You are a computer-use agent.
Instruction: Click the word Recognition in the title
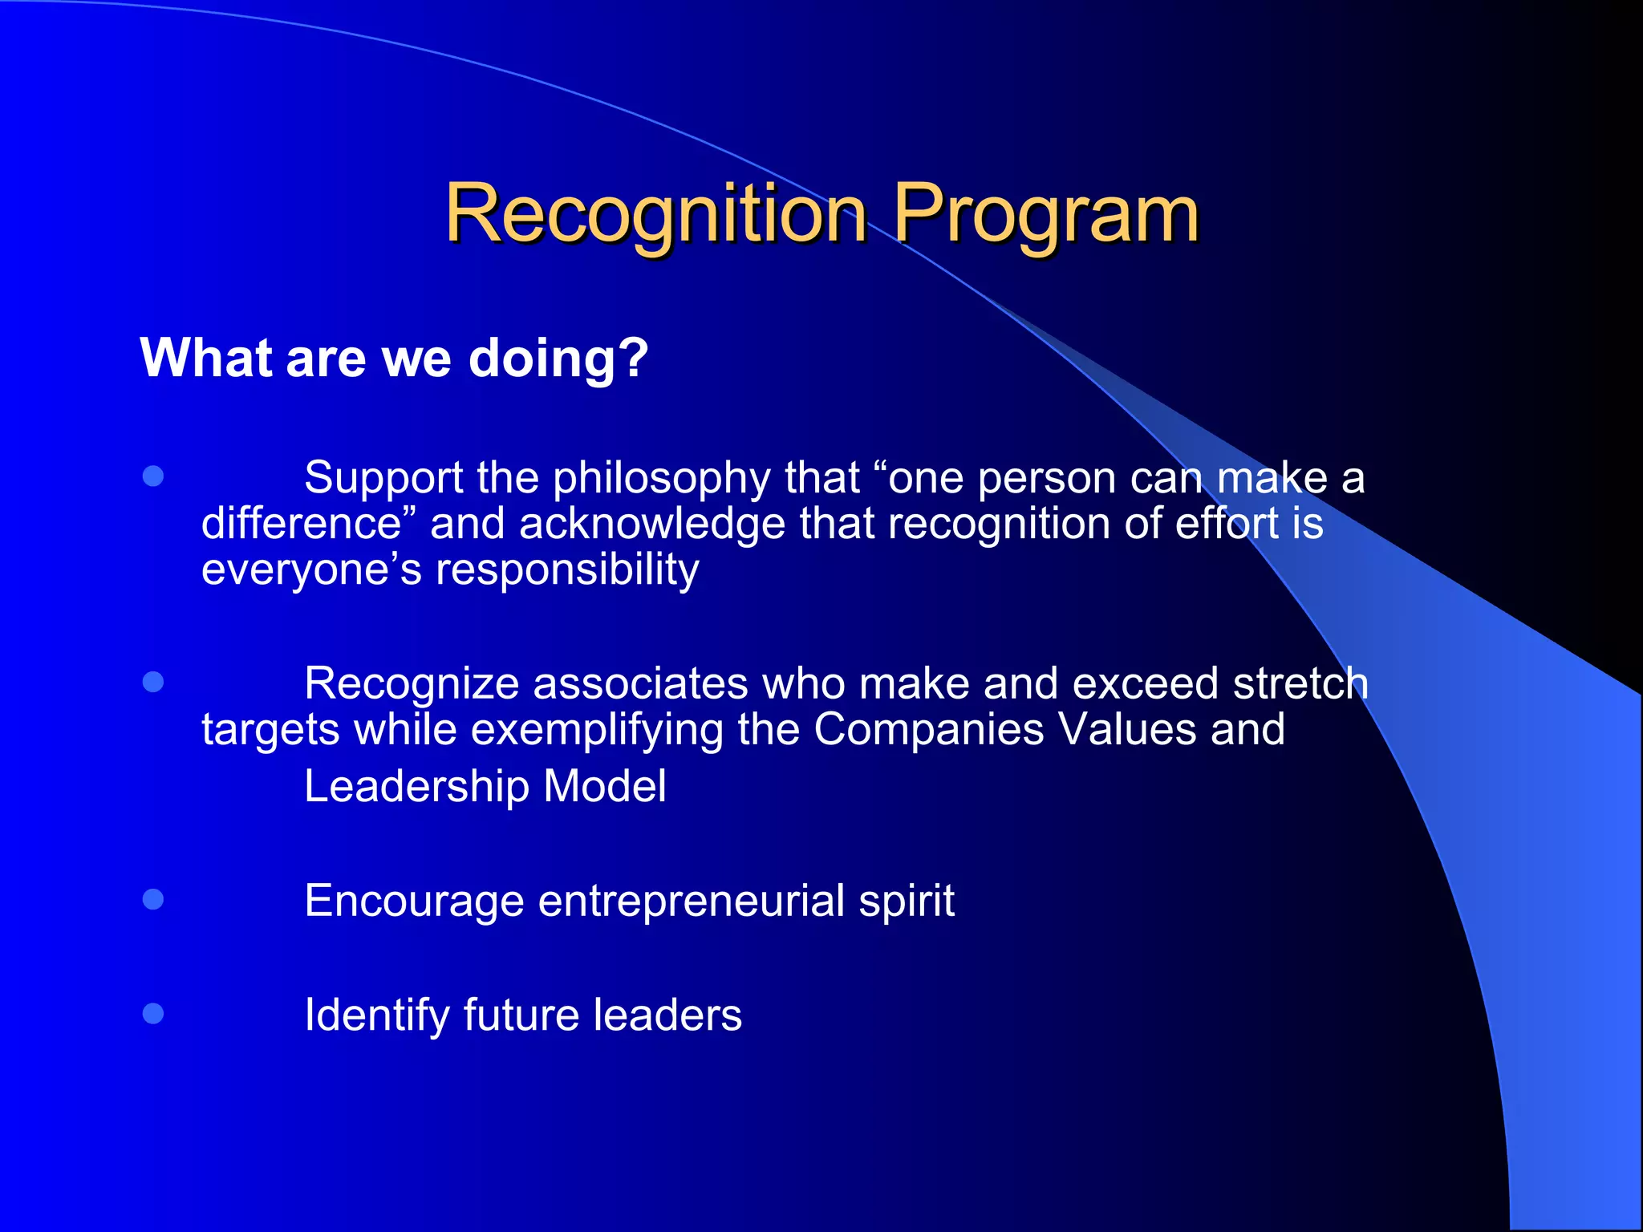click(x=656, y=213)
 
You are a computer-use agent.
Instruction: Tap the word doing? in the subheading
click(x=558, y=358)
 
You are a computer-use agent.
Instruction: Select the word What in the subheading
click(x=206, y=357)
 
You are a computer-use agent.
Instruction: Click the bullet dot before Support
click(x=153, y=476)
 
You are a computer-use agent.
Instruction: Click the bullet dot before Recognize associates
click(x=153, y=682)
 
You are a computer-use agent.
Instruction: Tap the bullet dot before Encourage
click(x=153, y=899)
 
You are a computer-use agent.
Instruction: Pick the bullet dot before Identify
click(x=153, y=1013)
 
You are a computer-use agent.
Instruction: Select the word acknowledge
click(x=651, y=525)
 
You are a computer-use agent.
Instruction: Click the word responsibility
click(x=566, y=571)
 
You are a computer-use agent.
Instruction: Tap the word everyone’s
click(x=311, y=570)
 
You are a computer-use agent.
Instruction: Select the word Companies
click(x=928, y=730)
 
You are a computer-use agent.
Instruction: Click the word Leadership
click(x=416, y=786)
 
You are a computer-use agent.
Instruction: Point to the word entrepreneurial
click(x=691, y=901)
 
